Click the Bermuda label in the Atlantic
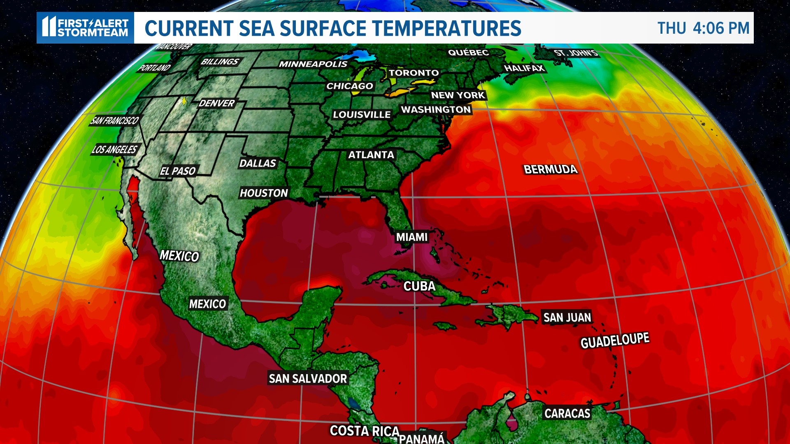pos(551,169)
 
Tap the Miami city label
pos(412,237)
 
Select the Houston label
pos(264,193)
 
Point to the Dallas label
pos(258,164)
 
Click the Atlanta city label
pos(371,155)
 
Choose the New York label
pos(458,95)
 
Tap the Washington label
pos(436,110)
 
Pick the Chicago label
pos(350,86)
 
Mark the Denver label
pos(216,104)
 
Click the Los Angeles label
pos(114,150)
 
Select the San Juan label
pos(567,318)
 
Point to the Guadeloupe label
pos(615,341)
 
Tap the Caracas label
pos(567,414)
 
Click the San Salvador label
pos(308,379)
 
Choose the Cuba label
pos(419,287)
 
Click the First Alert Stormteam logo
pos(86,28)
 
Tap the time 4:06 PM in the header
pos(721,28)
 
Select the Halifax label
pos(524,68)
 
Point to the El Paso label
pos(178,171)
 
